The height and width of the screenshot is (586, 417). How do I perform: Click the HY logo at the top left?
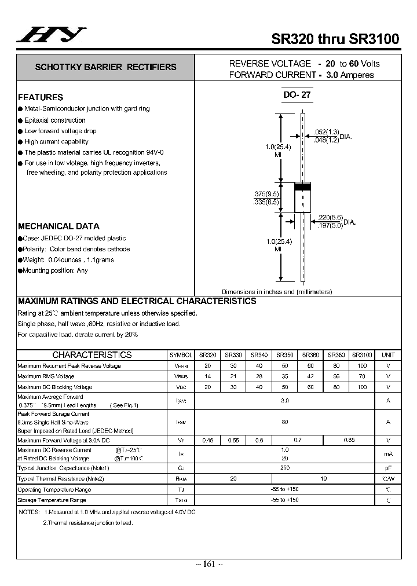tap(52, 35)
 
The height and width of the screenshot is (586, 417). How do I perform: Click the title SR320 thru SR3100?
tap(335, 39)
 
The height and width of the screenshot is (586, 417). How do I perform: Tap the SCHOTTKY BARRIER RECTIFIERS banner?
tap(105, 67)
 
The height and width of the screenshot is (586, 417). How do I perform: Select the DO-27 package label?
tap(297, 96)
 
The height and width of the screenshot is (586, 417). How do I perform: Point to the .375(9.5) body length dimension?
tap(266, 194)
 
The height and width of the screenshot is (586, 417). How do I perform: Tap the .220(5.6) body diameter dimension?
tap(330, 218)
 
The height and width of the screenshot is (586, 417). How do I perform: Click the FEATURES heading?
tap(41, 97)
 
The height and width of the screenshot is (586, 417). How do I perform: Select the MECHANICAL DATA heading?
tap(58, 226)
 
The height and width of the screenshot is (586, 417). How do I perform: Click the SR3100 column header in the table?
tap(362, 355)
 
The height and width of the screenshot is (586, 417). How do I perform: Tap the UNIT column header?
tap(388, 355)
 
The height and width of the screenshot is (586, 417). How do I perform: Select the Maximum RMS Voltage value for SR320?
tap(208, 376)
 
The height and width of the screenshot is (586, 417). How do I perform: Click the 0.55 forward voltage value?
tap(233, 440)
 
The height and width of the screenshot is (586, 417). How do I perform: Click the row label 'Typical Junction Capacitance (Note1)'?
tap(63, 468)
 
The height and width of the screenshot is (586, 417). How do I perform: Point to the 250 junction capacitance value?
tap(284, 468)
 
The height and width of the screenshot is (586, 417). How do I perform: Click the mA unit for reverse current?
tap(388, 454)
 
